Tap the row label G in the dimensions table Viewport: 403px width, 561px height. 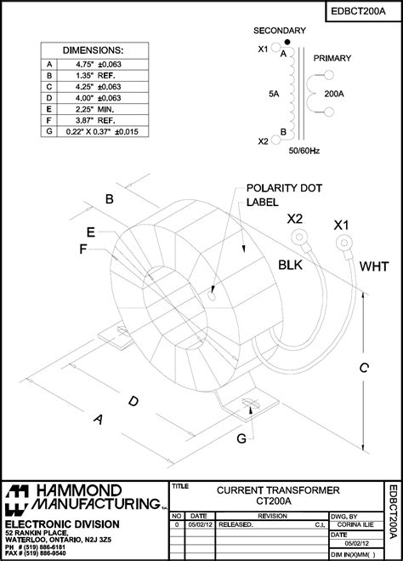pyautogui.click(x=49, y=132)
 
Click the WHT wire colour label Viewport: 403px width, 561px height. pyautogui.click(x=373, y=266)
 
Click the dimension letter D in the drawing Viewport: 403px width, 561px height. pyautogui.click(x=133, y=400)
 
